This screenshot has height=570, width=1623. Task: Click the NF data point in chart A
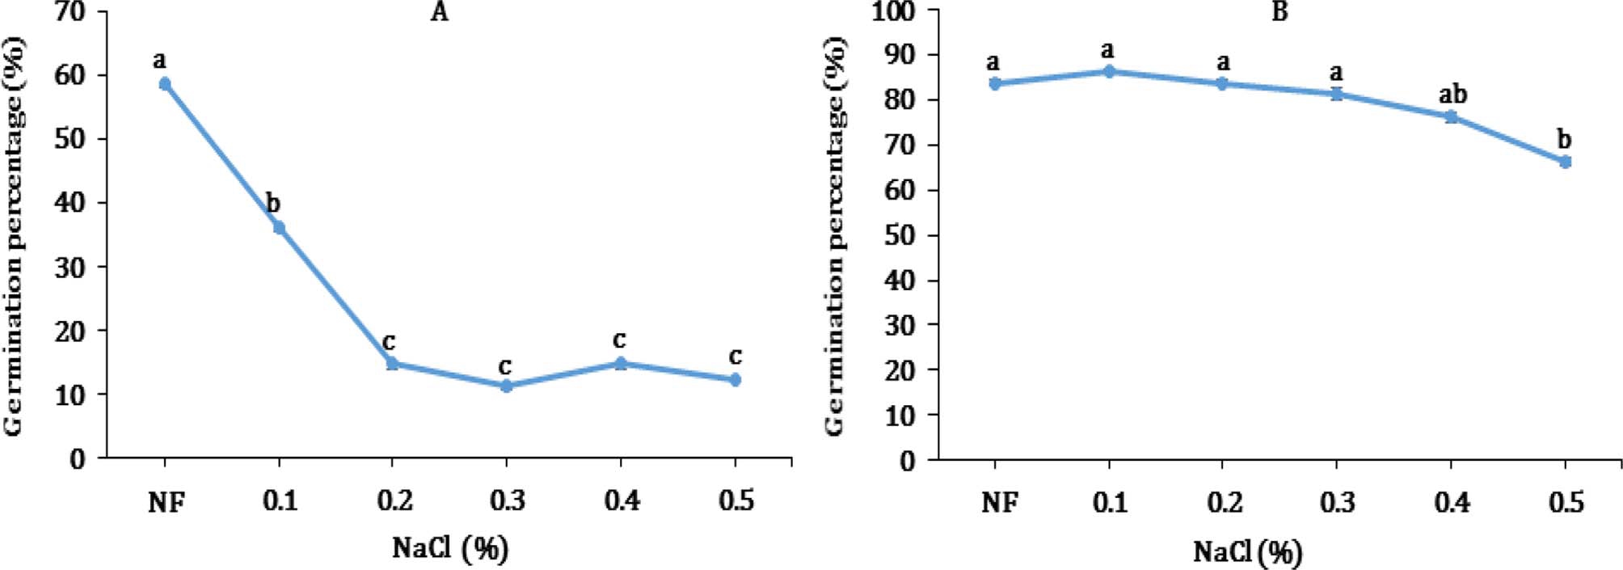pos(165,83)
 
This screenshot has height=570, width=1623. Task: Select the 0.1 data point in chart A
pos(279,228)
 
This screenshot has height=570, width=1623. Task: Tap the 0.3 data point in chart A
pos(507,386)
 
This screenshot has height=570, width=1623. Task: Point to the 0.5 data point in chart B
pos(1566,162)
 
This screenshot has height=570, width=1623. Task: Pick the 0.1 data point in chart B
pos(1109,71)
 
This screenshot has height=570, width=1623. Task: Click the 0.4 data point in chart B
pos(1452,116)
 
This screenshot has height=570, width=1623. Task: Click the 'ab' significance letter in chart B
pos(1452,95)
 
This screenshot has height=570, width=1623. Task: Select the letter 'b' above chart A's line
pos(273,204)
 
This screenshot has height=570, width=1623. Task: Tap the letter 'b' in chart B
pos(1565,139)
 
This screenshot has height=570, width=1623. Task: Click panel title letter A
pos(439,12)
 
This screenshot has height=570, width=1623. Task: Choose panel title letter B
pos(1279,12)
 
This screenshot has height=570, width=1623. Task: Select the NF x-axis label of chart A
pos(167,503)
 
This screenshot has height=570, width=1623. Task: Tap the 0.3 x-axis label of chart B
pos(1338,503)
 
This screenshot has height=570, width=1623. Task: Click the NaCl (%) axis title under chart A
pos(450,549)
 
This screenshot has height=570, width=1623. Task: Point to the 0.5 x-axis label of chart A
pos(736,501)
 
